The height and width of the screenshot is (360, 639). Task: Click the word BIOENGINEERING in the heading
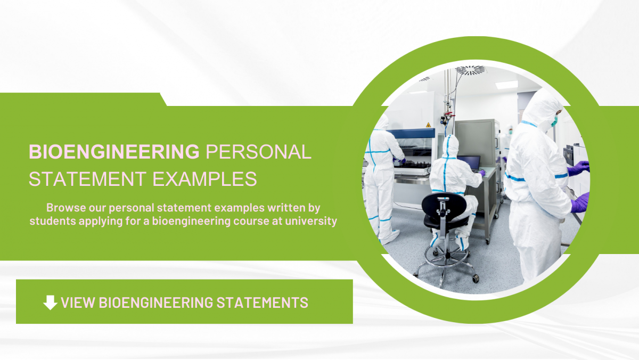(113, 152)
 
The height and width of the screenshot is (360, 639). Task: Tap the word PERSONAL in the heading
(258, 152)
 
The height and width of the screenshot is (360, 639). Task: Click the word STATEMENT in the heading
(88, 179)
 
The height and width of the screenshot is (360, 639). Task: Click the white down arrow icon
(50, 302)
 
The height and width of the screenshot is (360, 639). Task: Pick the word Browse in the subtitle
(64, 207)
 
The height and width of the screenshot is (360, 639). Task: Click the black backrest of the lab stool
(444, 204)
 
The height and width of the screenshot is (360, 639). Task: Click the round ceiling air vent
(470, 70)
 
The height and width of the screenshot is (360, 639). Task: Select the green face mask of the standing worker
(554, 121)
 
